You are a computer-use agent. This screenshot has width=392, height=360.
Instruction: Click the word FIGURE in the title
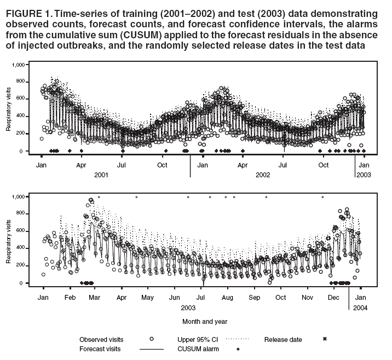tap(24, 13)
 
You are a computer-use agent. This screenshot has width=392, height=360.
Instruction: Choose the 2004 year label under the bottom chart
tap(360, 308)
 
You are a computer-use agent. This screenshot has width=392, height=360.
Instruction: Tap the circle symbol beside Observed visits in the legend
tap(151, 340)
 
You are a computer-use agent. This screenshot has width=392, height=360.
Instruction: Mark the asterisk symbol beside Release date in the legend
tap(325, 340)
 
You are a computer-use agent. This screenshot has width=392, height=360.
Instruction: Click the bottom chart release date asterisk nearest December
tap(322, 197)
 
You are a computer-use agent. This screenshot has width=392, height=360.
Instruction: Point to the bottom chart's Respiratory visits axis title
tap(9, 239)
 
